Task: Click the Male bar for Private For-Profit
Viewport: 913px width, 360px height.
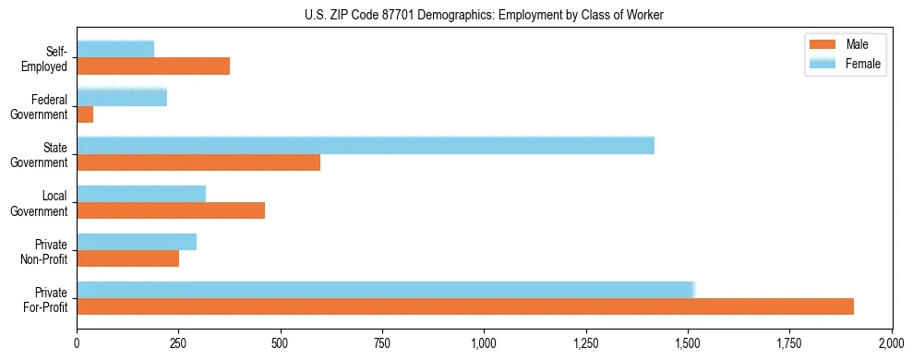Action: (x=465, y=306)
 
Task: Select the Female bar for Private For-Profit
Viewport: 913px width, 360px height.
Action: (x=385, y=290)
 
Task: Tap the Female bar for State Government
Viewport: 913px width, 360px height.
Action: (x=366, y=146)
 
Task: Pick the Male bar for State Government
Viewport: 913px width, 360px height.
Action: (x=198, y=162)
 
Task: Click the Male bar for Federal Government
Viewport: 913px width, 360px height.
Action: (x=85, y=114)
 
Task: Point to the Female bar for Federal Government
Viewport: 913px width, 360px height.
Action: (x=122, y=98)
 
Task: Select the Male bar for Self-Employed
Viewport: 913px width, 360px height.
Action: (x=153, y=66)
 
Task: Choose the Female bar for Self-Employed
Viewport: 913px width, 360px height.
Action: (x=115, y=50)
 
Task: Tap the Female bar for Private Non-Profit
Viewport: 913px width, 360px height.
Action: (x=137, y=242)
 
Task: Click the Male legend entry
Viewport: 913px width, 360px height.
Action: (x=845, y=44)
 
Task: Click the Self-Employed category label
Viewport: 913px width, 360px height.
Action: (x=45, y=58)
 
